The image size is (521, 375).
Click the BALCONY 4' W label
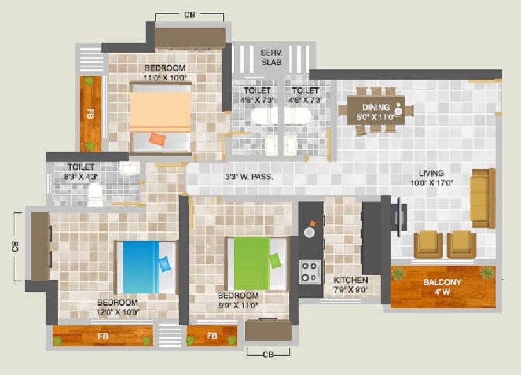(x=443, y=286)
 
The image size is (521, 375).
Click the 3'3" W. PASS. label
(x=250, y=177)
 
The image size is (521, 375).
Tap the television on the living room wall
(x=399, y=216)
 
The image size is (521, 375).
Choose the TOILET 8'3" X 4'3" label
(x=80, y=171)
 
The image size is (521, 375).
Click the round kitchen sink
(x=310, y=232)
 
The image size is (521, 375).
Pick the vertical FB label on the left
(x=90, y=114)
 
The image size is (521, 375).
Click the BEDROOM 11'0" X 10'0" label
(x=165, y=72)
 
